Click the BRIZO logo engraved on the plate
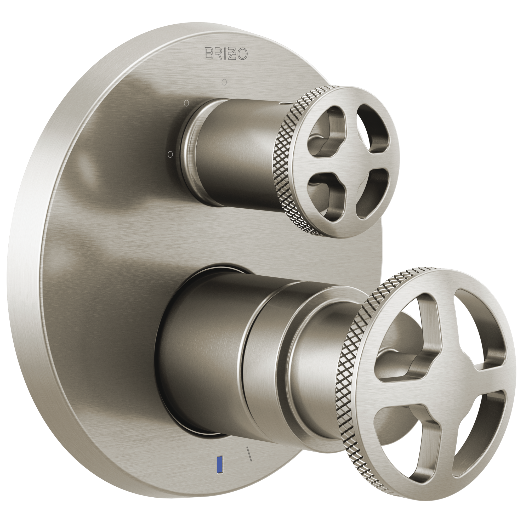[x=226, y=53]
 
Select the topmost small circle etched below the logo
[x=224, y=81]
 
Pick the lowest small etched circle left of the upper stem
[x=170, y=154]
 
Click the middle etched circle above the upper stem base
[x=186, y=103]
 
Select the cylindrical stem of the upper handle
[x=238, y=154]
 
